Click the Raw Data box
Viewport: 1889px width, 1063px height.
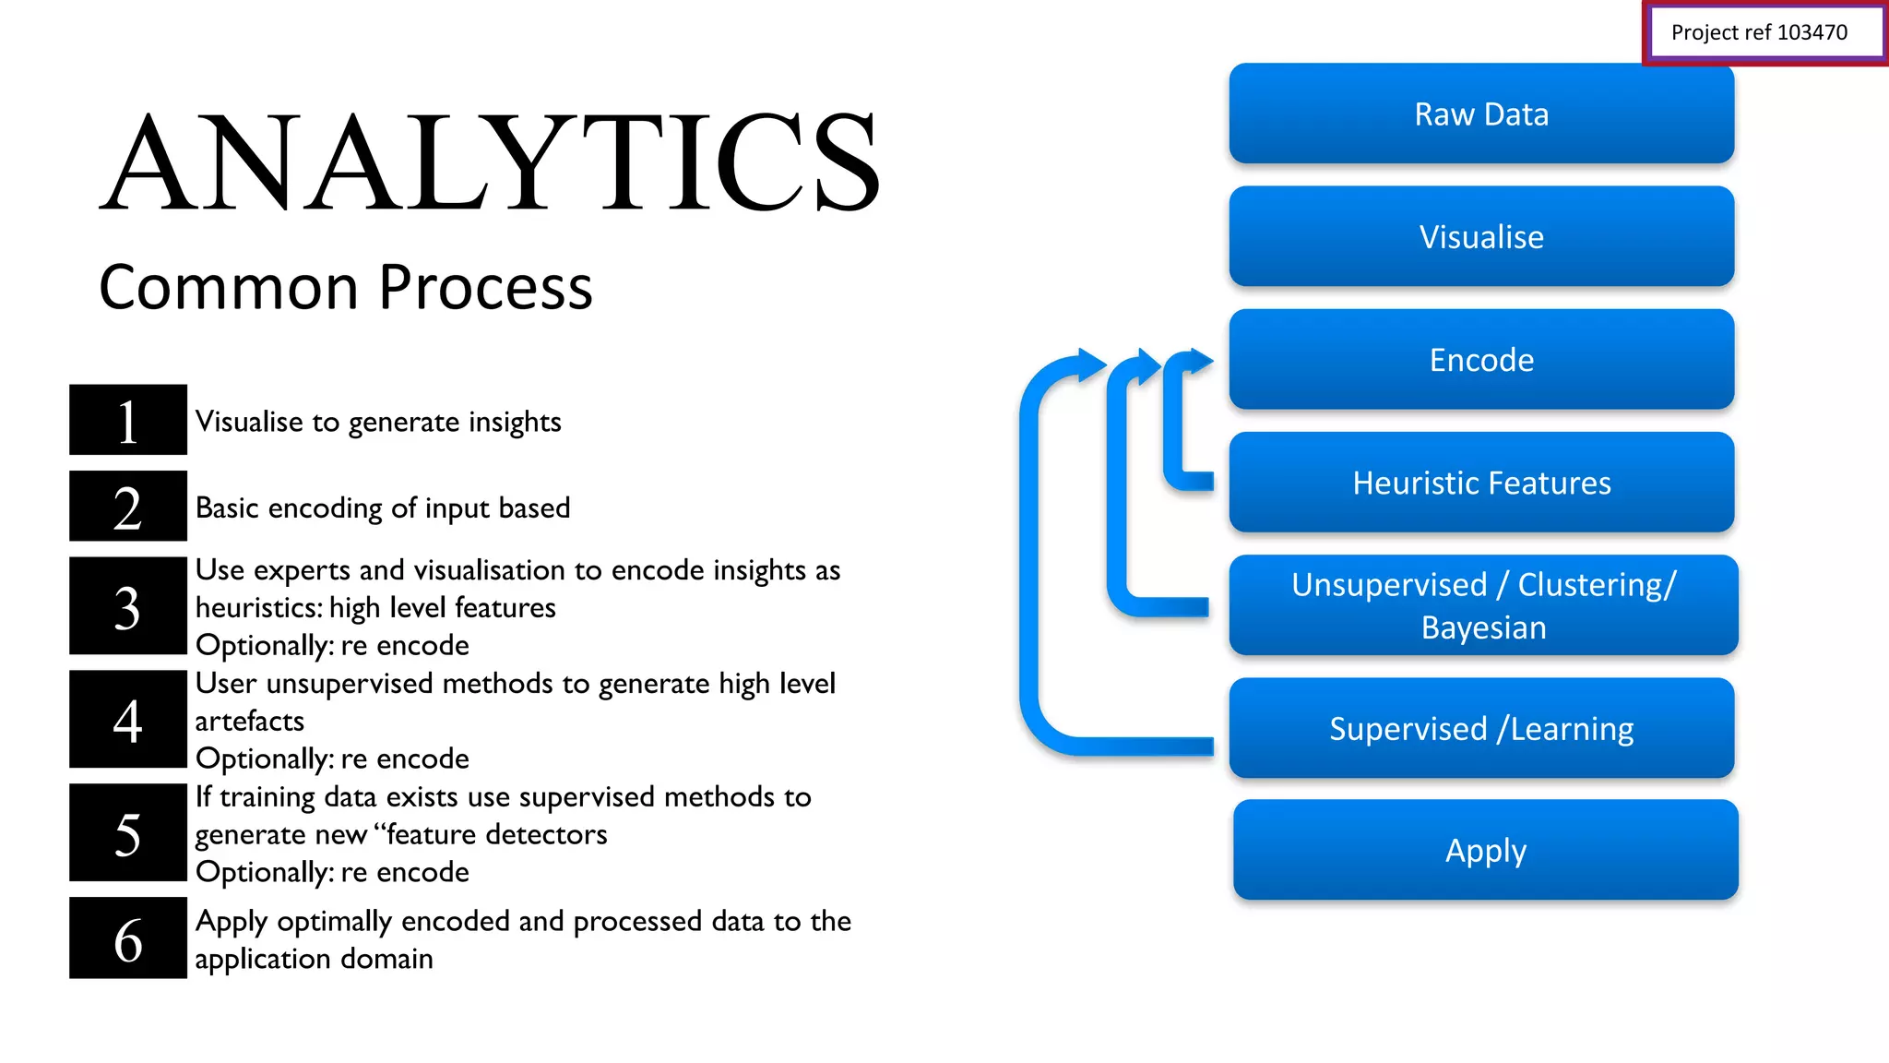coord(1481,114)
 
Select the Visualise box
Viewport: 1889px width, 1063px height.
coord(1481,237)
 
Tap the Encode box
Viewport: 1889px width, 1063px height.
coord(1481,360)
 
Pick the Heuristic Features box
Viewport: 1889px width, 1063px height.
coord(1481,483)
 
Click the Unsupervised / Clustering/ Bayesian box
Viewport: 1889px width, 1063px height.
coord(1483,605)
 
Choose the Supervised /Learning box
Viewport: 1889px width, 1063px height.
coord(1481,728)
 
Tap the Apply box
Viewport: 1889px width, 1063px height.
coord(1485,850)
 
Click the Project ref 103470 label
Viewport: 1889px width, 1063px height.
coord(1759,33)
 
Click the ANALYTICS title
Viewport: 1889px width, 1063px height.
coord(490,162)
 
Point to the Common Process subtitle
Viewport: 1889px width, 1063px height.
coord(346,287)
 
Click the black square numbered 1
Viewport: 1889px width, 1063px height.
coord(128,420)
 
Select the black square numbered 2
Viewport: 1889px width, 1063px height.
coord(128,507)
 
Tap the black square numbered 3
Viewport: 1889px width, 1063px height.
coord(128,606)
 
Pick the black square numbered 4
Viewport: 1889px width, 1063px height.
coord(128,720)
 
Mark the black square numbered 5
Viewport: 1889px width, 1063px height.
coord(128,833)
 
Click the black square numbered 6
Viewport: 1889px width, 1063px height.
coord(128,938)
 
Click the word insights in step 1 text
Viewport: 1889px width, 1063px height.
coord(515,423)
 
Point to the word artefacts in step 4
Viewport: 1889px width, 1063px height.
coord(249,722)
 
